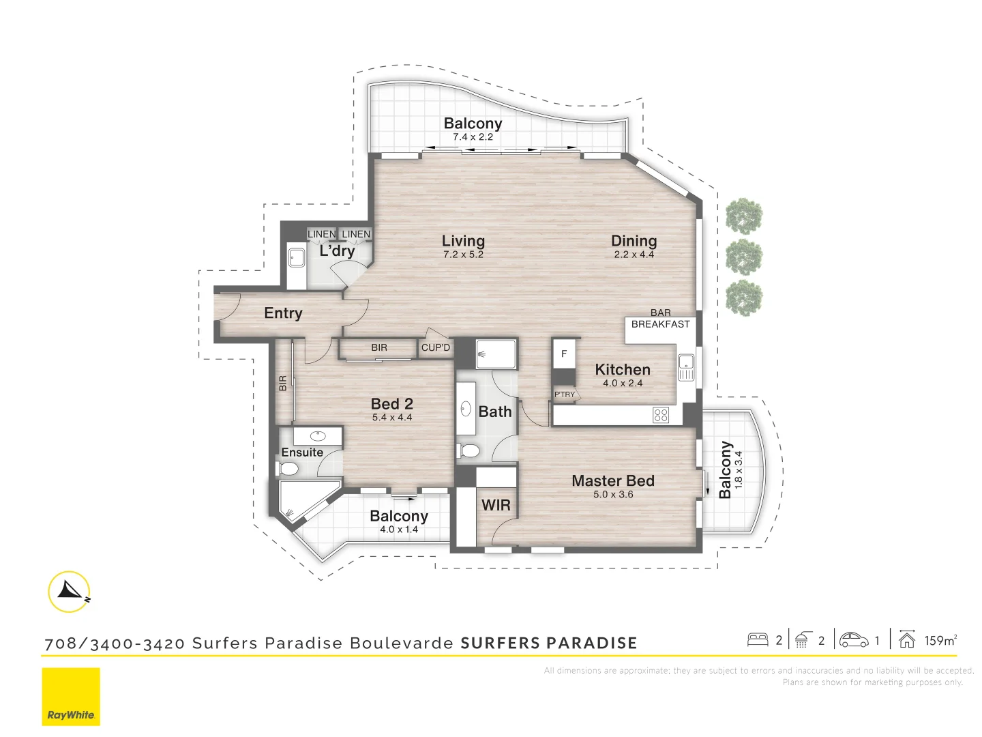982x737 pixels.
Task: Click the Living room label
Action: click(x=463, y=241)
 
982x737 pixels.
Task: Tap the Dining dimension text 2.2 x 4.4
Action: click(x=634, y=255)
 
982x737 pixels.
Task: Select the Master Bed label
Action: click(x=612, y=481)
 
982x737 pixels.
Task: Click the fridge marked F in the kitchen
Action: click(x=564, y=354)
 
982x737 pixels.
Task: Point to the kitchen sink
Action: click(x=685, y=366)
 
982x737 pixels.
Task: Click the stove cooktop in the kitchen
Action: click(x=660, y=415)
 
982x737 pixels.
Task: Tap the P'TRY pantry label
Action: click(x=565, y=394)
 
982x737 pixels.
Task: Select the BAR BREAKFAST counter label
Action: click(x=660, y=319)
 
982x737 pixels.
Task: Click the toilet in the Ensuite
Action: click(x=288, y=468)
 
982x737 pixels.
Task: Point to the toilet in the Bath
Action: click(x=468, y=451)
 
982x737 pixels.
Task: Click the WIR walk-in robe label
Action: click(x=496, y=505)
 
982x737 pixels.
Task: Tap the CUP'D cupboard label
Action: click(x=436, y=347)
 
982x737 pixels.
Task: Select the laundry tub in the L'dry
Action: click(x=296, y=258)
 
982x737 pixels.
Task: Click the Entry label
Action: click(x=283, y=313)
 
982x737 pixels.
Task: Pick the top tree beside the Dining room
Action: click(x=744, y=216)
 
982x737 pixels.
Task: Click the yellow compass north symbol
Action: click(x=70, y=591)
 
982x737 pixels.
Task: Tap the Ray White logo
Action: click(x=71, y=697)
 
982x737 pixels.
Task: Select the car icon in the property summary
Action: click(x=854, y=640)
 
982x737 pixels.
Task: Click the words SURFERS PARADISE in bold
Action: click(x=549, y=643)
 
